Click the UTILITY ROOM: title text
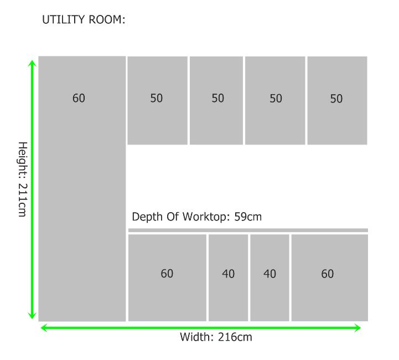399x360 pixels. click(x=84, y=19)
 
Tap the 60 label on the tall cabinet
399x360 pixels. click(x=79, y=98)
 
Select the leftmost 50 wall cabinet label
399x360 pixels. click(x=156, y=98)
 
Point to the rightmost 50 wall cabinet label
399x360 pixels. click(x=336, y=99)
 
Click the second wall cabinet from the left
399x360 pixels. click(x=216, y=101)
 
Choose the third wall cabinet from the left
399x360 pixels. click(x=275, y=101)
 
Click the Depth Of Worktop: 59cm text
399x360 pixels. click(x=196, y=217)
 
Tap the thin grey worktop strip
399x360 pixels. click(x=248, y=230)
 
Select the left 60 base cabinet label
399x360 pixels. click(x=167, y=274)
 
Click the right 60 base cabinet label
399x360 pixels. click(x=328, y=274)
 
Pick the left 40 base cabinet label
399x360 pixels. click(x=228, y=274)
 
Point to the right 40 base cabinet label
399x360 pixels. click(x=270, y=274)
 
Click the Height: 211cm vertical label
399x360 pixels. click(x=22, y=179)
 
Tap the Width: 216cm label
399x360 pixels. click(x=216, y=337)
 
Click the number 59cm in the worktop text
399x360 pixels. click(x=248, y=217)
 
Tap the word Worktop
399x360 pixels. click(x=204, y=217)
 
